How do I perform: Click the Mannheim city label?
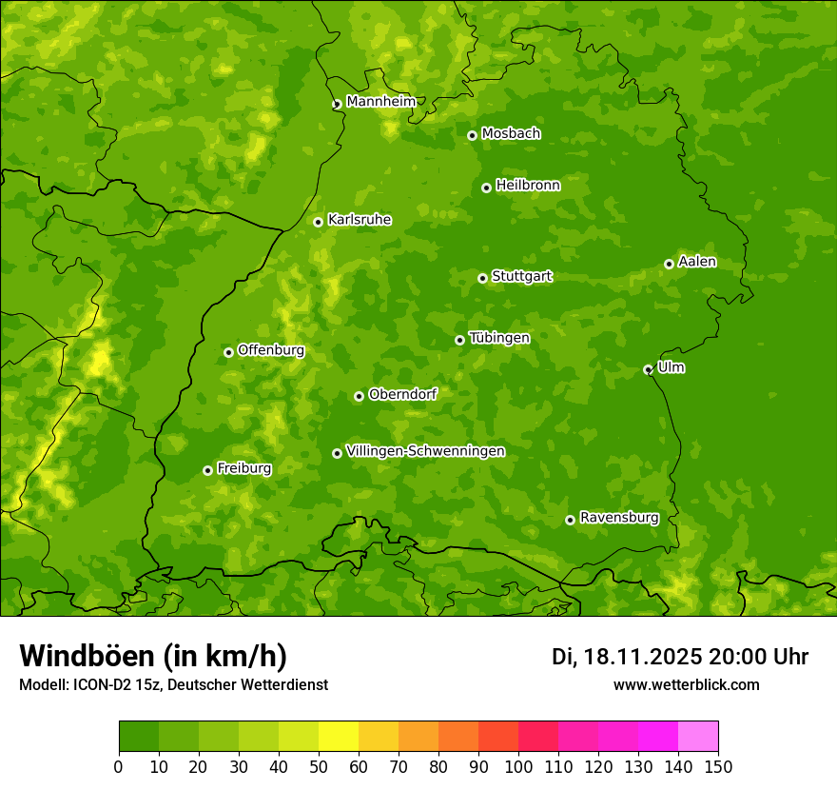[380, 102]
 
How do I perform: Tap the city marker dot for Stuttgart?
[482, 278]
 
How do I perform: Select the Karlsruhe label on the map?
[359, 220]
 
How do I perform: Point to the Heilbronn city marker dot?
[486, 188]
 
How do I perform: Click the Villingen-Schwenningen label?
[425, 451]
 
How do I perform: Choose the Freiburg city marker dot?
[207, 470]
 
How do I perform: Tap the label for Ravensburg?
[618, 518]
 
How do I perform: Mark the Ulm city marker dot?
[648, 369]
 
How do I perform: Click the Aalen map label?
[697, 262]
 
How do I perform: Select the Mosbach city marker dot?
[472, 135]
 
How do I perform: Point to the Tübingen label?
[499, 338]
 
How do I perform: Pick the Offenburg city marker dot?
[228, 352]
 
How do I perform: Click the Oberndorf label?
[402, 394]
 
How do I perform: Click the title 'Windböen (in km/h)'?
[152, 656]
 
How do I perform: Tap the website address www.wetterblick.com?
[686, 684]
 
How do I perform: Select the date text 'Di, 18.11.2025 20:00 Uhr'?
[679, 657]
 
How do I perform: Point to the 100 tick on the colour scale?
[518, 766]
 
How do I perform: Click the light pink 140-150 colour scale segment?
[698, 737]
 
